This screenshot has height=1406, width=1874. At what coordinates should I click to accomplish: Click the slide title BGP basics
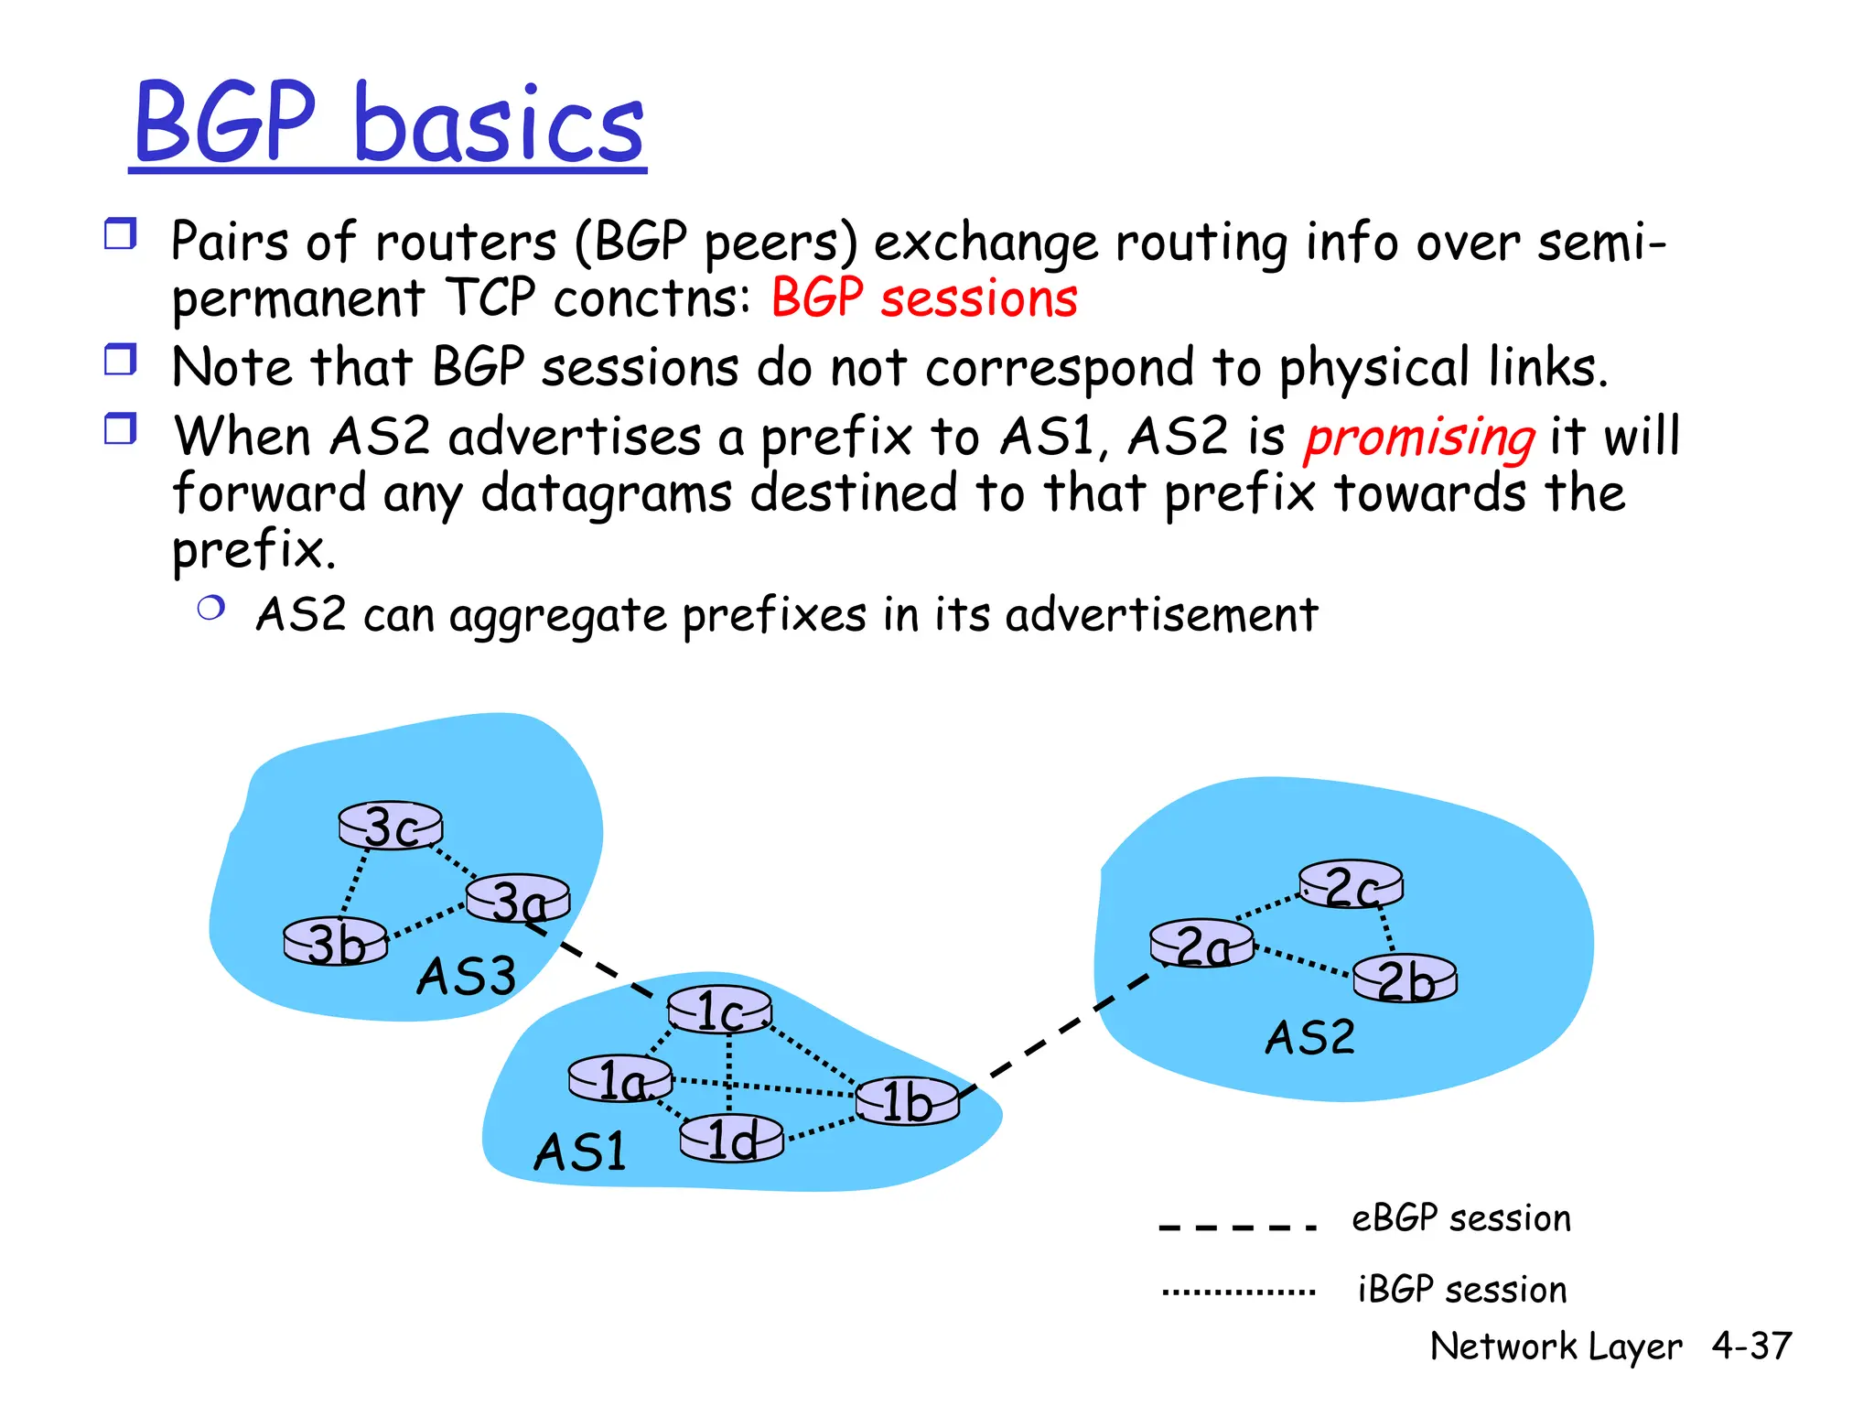tap(388, 123)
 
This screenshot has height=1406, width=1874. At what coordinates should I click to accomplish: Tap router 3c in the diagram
tap(391, 826)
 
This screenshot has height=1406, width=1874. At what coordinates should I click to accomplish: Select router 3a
tap(518, 900)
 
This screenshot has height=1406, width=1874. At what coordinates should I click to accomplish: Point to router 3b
tap(336, 942)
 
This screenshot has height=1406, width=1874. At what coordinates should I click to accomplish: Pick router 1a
tap(620, 1080)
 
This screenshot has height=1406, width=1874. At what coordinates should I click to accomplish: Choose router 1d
tap(732, 1139)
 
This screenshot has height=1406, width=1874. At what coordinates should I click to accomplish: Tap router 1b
tap(907, 1100)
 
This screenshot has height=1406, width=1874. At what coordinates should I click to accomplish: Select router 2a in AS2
tap(1201, 945)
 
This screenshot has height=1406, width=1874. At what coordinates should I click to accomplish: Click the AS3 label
tap(467, 976)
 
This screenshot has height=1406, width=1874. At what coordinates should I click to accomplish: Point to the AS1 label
tap(580, 1152)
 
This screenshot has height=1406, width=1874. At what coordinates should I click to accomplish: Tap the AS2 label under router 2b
tap(1309, 1038)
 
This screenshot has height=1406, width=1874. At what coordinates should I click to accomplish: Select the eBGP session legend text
tap(1460, 1219)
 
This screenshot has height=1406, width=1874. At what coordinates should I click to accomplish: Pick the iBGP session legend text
tap(1461, 1290)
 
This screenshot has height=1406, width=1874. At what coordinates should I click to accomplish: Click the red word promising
tap(1419, 438)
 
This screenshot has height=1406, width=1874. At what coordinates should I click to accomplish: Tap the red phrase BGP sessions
tap(924, 299)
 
